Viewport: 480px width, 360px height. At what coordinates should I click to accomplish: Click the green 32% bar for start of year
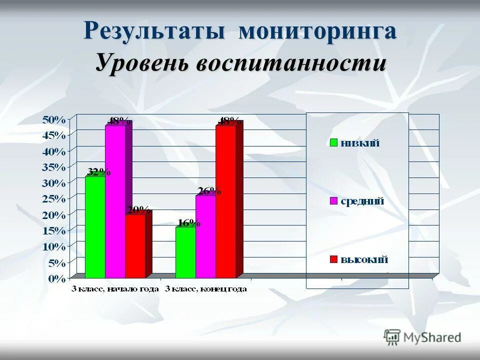point(95,226)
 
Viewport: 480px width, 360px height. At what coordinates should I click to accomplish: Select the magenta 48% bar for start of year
point(115,200)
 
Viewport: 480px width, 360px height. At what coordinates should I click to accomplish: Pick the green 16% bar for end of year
point(185,252)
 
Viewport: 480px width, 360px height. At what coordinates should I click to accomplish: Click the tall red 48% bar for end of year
point(225,200)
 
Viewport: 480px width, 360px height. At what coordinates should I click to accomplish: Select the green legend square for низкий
point(334,143)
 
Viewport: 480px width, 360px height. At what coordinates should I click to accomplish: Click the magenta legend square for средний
point(334,201)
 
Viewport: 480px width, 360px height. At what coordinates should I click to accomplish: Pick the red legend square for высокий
point(334,259)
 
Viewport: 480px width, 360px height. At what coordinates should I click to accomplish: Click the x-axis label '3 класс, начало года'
point(115,289)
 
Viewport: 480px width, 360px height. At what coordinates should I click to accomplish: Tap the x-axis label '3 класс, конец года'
point(206,289)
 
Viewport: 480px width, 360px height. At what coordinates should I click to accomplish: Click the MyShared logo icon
point(392,336)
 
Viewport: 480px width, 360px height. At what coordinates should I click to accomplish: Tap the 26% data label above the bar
point(209,190)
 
